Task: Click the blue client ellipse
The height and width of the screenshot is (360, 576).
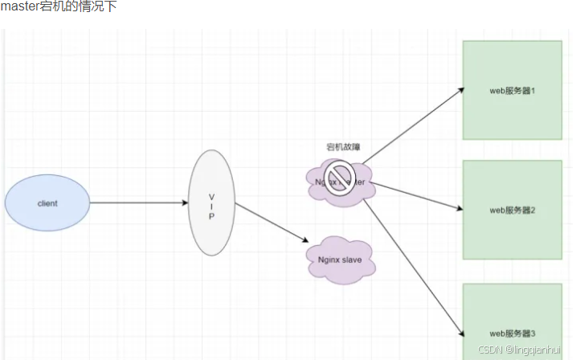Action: tap(47, 203)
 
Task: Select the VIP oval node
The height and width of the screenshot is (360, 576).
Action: tap(211, 202)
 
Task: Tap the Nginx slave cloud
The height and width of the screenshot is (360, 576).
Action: tap(340, 259)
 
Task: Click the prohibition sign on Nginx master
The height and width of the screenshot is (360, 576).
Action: tap(340, 177)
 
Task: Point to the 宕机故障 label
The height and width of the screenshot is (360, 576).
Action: tap(343, 147)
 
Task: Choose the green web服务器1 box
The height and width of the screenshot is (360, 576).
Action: tap(512, 90)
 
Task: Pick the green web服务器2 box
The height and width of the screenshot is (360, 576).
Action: tap(512, 210)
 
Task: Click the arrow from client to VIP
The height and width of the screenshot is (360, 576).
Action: tap(138, 202)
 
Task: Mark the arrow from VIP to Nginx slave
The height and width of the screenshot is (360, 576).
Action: tap(272, 222)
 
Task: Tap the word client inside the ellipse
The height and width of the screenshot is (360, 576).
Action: tap(47, 203)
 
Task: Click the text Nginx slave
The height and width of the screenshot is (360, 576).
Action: tap(340, 259)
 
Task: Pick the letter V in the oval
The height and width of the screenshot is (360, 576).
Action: tap(211, 195)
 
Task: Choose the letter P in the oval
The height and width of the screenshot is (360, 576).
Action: tap(211, 215)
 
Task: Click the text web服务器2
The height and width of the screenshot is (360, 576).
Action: tap(512, 210)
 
